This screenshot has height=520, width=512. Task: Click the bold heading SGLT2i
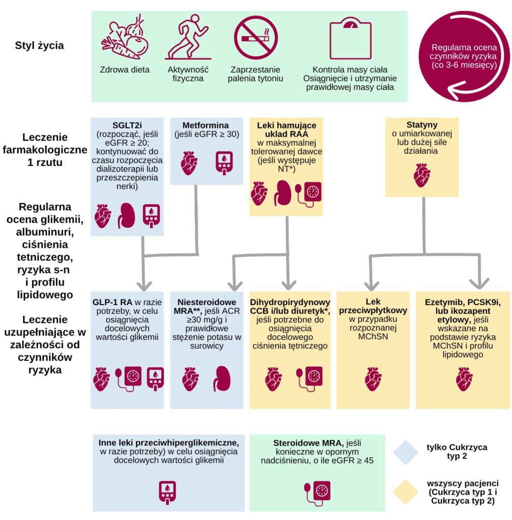pyautogui.click(x=127, y=125)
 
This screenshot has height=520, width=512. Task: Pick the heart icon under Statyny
pyautogui.click(x=421, y=176)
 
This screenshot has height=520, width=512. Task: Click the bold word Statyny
pyautogui.click(x=421, y=124)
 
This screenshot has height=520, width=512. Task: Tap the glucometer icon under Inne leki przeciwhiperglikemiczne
pyautogui.click(x=168, y=491)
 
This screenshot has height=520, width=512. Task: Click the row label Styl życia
pyautogui.click(x=40, y=46)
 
